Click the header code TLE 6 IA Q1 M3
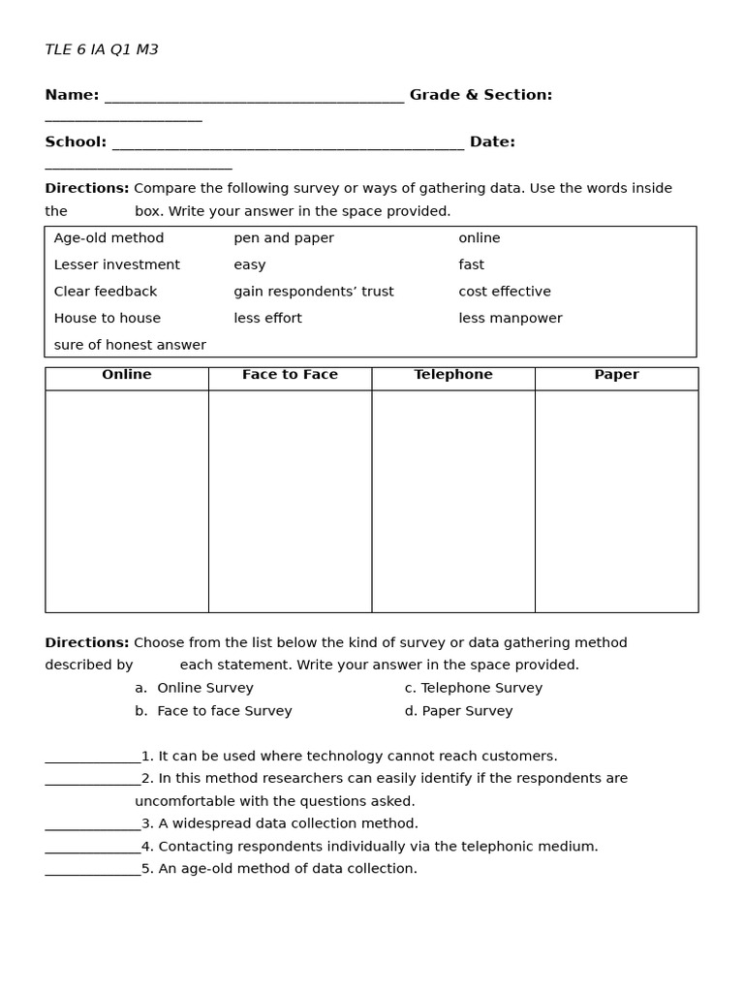[x=102, y=50]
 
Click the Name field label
[x=72, y=95]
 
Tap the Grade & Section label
[x=480, y=95]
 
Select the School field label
[x=76, y=142]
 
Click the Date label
[x=492, y=142]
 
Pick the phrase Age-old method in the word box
[x=108, y=238]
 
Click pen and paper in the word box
[x=284, y=238]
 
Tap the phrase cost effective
[x=505, y=292]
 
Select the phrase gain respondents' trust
[x=314, y=292]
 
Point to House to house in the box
[x=108, y=319]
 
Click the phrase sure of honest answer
[x=130, y=345]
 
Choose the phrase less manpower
[x=511, y=319]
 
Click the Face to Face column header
[x=290, y=375]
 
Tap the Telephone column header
[x=453, y=375]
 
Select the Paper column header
[x=616, y=375]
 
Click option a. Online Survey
[x=194, y=688]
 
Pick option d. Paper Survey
[x=458, y=711]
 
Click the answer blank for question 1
[x=93, y=758]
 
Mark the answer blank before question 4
[x=93, y=848]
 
